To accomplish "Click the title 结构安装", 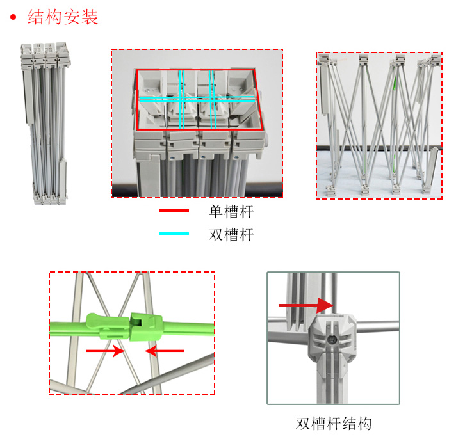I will (63, 17).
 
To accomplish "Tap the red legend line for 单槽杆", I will (174, 211).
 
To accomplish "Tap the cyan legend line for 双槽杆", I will (174, 234).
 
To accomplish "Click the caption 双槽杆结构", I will (334, 424).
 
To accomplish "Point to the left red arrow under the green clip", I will (105, 351).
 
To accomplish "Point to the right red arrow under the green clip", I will (164, 351).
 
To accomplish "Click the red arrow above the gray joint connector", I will (306, 307).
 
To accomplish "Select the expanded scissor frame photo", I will (379, 125).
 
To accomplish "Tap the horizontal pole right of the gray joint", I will (378, 324).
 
